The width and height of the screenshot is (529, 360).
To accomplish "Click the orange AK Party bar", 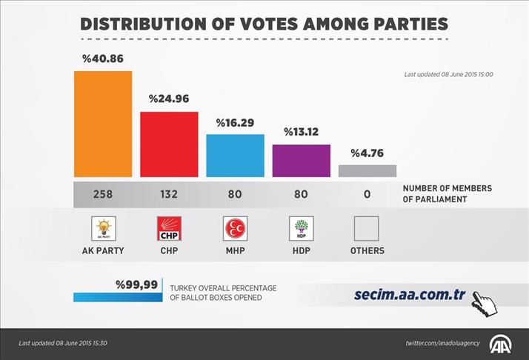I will tap(103, 124).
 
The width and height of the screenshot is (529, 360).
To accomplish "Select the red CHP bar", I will tap(169, 144).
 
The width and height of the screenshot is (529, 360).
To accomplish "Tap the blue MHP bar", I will tap(235, 156).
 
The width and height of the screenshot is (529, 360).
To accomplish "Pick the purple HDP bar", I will tap(301, 161).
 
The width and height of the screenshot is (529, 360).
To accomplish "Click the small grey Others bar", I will tap(367, 171).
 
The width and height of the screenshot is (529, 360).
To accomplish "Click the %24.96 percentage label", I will tap(169, 99).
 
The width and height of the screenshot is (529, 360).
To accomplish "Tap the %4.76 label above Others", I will tap(367, 153).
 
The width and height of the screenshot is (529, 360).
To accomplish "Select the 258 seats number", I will tap(103, 194).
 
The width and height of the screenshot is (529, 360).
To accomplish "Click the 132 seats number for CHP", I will tap(169, 194).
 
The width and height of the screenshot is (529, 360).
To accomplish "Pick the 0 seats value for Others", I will tap(367, 194).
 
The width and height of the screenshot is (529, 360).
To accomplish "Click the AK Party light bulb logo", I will tap(103, 228).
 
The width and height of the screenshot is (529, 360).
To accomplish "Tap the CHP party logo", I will tap(169, 229).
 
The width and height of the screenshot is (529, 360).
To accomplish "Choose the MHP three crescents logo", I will tap(235, 229).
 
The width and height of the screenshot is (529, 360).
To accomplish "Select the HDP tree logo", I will tap(301, 229).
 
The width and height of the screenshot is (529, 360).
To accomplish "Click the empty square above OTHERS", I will tap(367, 229).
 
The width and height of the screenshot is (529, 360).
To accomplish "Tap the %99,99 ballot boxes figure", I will tap(136, 284).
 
